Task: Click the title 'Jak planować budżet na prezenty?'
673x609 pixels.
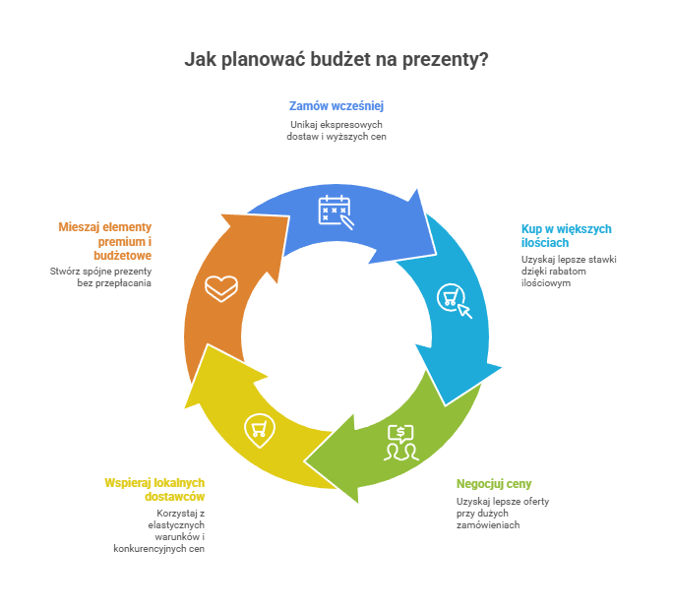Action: [336, 60]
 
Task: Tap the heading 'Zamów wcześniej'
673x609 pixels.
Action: [336, 105]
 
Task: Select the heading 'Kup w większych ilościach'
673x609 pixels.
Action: [566, 235]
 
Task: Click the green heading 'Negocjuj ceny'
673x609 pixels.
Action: [494, 483]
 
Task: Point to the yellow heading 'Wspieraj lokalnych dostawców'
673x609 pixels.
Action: [154, 489]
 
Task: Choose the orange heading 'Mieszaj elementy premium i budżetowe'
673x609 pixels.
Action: [105, 240]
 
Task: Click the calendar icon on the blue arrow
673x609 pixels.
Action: [335, 212]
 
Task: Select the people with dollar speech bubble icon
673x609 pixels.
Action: [401, 443]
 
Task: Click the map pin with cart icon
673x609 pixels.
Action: [259, 429]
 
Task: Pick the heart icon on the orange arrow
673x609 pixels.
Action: [221, 288]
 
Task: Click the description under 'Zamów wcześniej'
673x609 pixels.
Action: [336, 131]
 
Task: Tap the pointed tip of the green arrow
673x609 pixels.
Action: [306, 462]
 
